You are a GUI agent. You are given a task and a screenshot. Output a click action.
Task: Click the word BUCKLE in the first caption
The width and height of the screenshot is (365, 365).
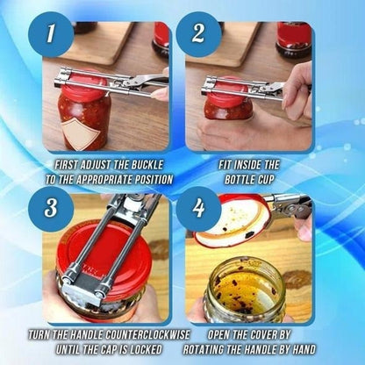tap(141, 164)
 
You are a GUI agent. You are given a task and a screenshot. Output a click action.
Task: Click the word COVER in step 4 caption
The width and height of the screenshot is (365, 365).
tap(268, 335)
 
